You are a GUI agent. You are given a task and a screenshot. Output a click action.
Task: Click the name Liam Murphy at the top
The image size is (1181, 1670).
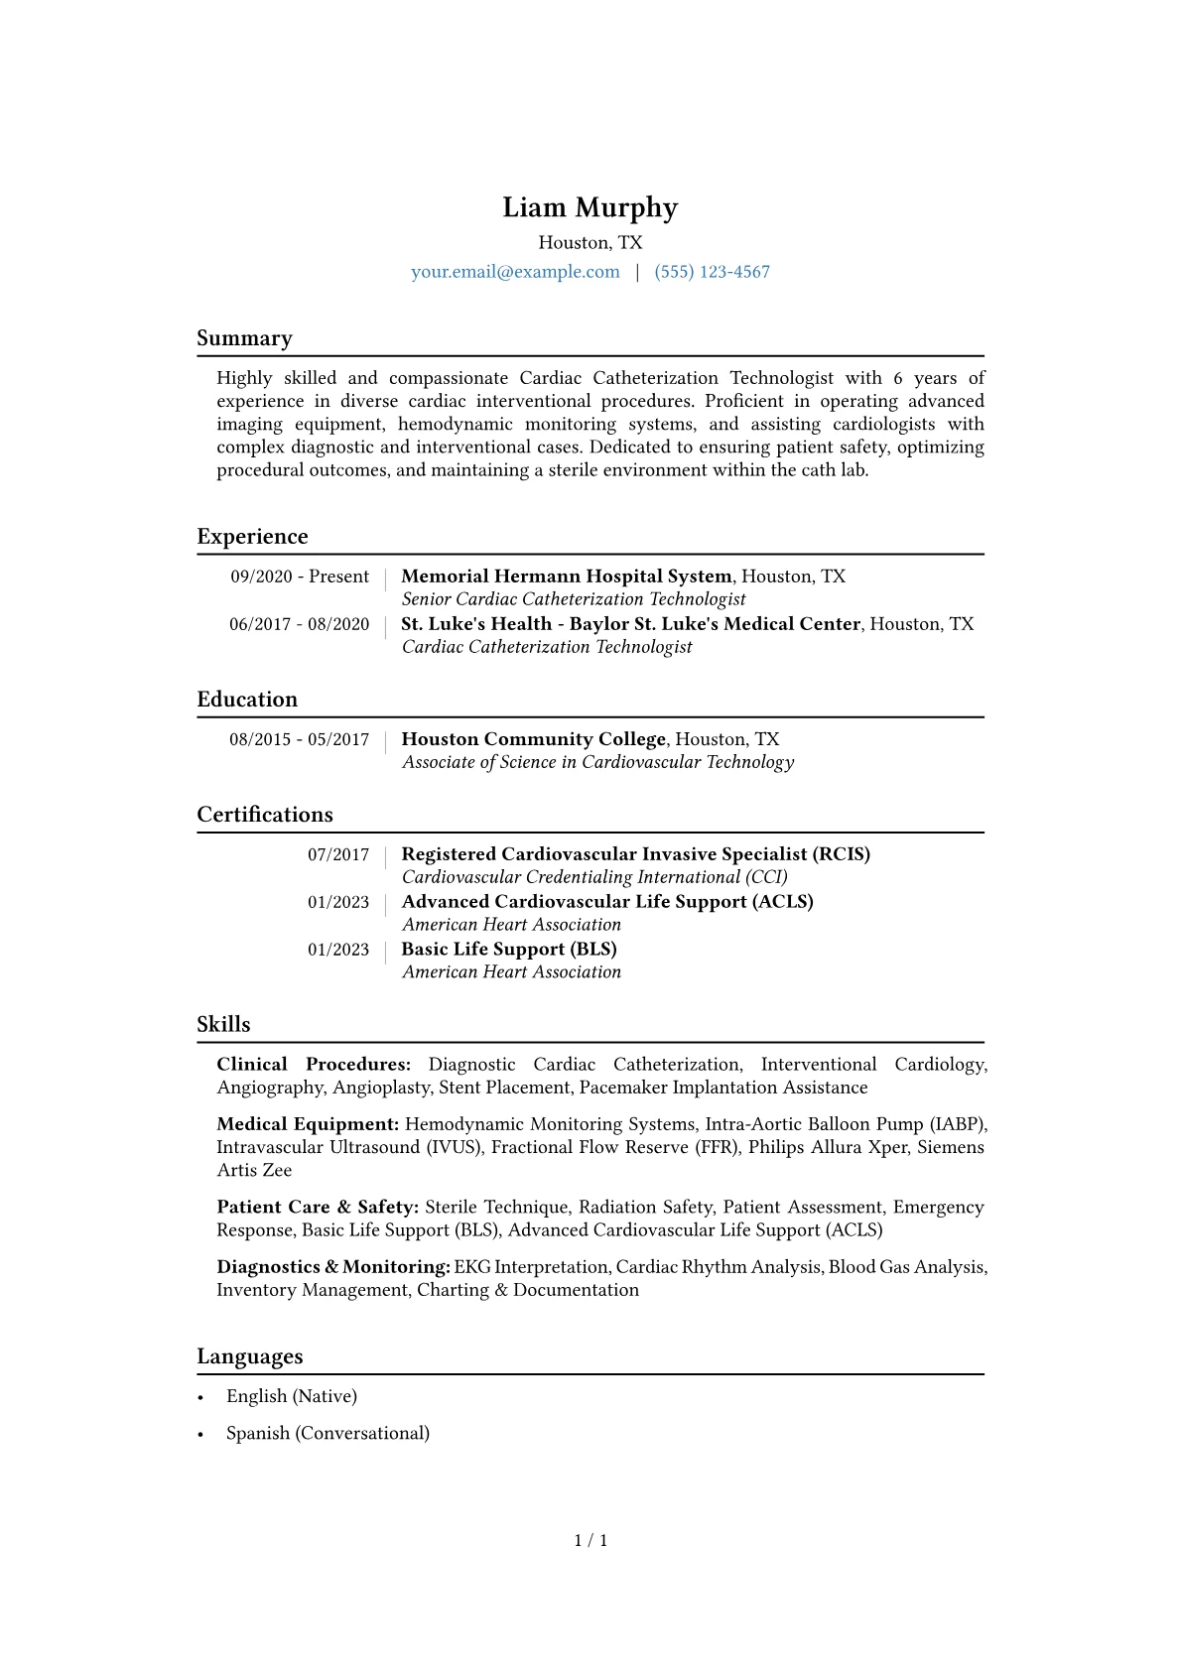pyautogui.click(x=590, y=207)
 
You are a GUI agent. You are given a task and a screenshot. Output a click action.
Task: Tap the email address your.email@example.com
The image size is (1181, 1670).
pyautogui.click(x=515, y=272)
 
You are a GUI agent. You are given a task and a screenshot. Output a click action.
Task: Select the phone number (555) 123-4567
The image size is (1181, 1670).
pyautogui.click(x=712, y=272)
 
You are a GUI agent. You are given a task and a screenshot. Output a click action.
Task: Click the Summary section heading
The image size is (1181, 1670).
pyautogui.click(x=244, y=338)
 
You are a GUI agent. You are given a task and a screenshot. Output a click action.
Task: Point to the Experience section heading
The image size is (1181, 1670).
pyautogui.click(x=252, y=537)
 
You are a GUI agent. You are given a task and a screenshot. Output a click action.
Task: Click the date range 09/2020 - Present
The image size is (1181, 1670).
pyautogui.click(x=300, y=577)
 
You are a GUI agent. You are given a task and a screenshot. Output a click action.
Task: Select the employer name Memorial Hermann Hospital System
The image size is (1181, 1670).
pyautogui.click(x=566, y=577)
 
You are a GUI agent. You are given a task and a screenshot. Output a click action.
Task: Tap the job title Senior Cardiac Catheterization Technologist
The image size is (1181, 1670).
pyautogui.click(x=574, y=599)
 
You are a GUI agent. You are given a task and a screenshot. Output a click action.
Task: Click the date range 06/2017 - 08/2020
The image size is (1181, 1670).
pyautogui.click(x=299, y=624)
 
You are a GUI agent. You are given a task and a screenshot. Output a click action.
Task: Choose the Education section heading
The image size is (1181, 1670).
pyautogui.click(x=247, y=700)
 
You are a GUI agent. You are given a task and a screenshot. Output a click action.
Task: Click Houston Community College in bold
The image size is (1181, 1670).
pyautogui.click(x=533, y=739)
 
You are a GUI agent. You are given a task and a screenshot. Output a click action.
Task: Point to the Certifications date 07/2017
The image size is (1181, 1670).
pyautogui.click(x=337, y=854)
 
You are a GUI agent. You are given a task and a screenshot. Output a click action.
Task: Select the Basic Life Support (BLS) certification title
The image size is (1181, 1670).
pyautogui.click(x=509, y=950)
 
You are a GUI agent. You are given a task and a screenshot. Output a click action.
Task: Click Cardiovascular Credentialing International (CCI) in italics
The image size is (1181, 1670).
pyautogui.click(x=594, y=877)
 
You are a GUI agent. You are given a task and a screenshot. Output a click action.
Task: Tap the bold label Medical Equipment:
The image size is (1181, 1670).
pyautogui.click(x=308, y=1124)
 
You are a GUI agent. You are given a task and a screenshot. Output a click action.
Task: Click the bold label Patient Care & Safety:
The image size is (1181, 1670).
pyautogui.click(x=318, y=1208)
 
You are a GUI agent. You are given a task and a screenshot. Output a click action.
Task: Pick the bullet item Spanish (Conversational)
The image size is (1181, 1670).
pyautogui.click(x=328, y=1433)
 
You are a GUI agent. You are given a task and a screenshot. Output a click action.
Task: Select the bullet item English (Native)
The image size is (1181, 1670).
pyautogui.click(x=292, y=1396)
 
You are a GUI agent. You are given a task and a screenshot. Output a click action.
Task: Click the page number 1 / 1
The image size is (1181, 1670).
pyautogui.click(x=590, y=1540)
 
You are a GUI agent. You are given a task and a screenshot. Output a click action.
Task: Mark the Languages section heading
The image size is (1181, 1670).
pyautogui.click(x=250, y=1356)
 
